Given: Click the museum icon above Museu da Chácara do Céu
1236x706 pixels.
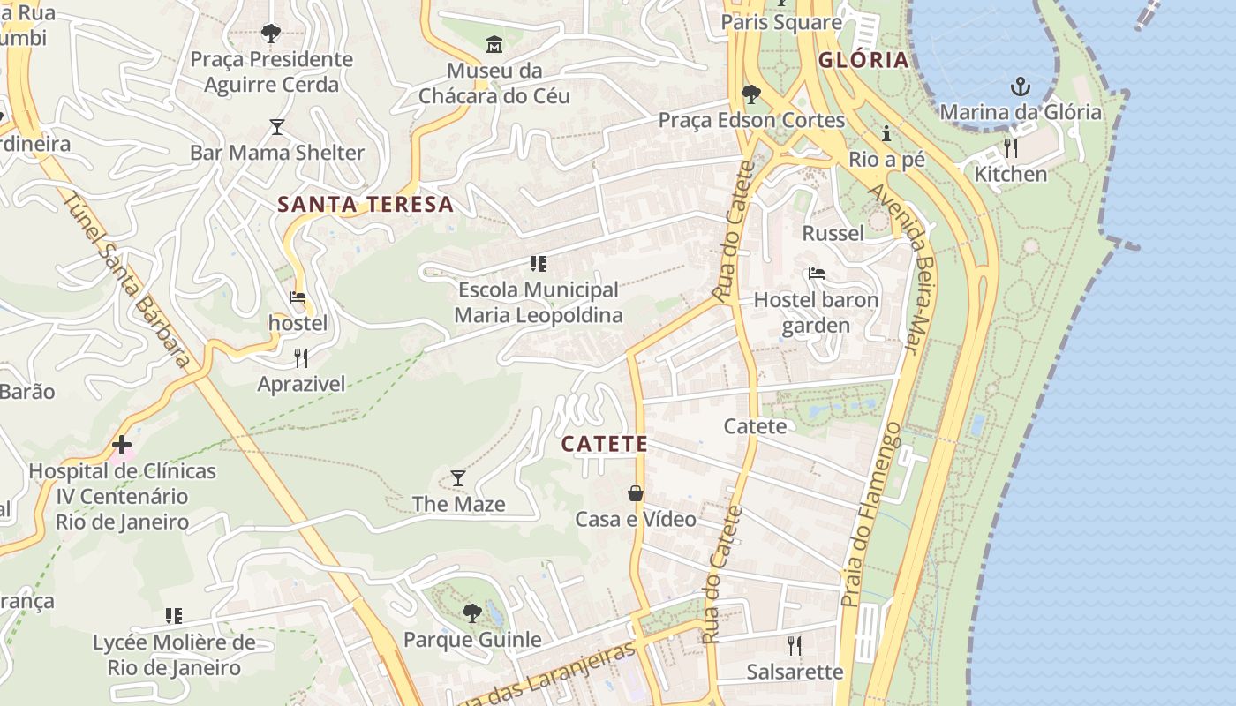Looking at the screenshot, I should coord(494,43).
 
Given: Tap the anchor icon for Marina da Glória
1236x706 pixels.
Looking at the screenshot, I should coord(1021,86).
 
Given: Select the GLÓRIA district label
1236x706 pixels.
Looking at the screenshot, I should coord(863,60).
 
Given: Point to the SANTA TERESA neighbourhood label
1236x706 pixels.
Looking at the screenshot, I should coord(366,205).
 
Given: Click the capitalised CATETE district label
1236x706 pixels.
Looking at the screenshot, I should coord(605,444).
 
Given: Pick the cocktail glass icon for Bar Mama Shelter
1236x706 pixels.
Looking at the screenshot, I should coord(277,127).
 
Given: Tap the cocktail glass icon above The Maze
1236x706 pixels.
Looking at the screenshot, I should coord(458,478).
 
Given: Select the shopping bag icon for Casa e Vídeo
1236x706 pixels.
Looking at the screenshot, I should coord(636,493).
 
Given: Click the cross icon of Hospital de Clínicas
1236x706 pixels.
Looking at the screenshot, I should coord(122,445).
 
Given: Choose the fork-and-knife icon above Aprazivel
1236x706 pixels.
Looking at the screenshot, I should coord(301,357).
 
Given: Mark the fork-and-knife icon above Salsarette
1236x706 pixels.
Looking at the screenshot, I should coord(795,645).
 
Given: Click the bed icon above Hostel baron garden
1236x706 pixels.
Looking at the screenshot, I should coord(817,274).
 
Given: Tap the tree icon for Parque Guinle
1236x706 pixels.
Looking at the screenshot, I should coord(472,612).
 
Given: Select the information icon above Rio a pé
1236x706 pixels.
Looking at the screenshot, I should coord(886,134).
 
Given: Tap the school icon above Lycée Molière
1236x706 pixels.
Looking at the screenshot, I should coord(174,615).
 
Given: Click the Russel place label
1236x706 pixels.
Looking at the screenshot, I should coord(833,233).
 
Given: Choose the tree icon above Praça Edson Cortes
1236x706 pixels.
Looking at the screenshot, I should coord(751,94).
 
